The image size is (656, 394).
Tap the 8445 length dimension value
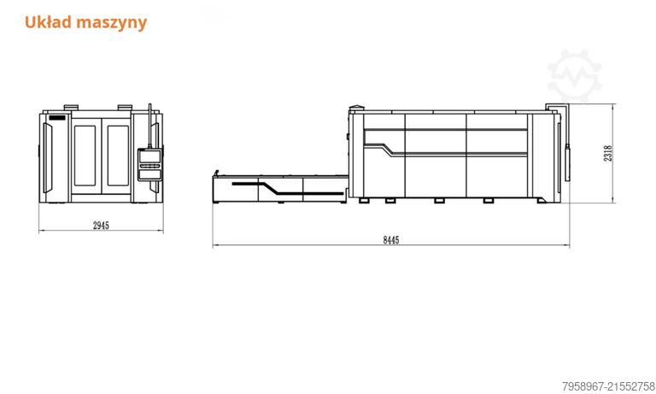click(390, 240)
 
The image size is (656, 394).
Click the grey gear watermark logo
click(575, 75)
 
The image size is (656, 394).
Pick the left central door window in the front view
click(86, 156)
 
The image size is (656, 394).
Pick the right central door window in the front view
click(117, 156)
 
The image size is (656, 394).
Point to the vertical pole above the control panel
click(150, 125)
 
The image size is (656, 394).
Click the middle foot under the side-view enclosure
click(439, 201)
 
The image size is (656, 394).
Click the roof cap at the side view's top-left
click(356, 107)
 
